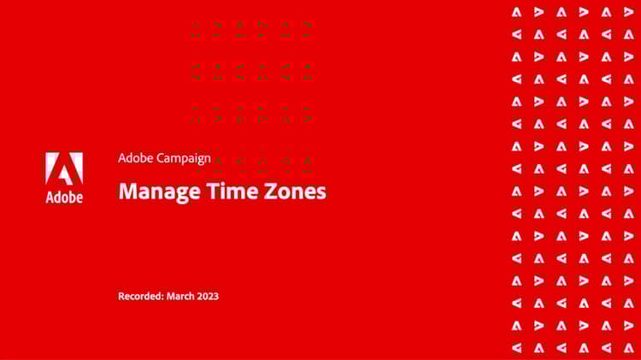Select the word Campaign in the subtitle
184,159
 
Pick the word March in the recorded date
179,296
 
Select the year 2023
207,296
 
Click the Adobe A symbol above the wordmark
64,168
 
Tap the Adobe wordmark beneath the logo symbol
64,198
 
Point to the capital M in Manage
127,191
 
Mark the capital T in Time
213,191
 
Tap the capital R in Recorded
121,296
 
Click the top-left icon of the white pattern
517,12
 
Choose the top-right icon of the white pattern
629,12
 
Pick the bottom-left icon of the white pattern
517,348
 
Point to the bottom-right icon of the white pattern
629,348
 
